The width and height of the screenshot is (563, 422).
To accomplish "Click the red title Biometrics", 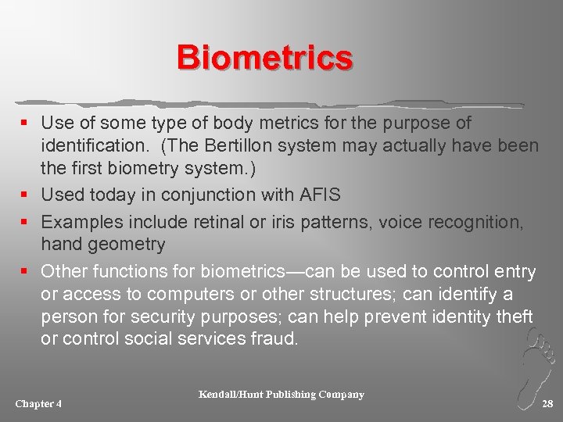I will (x=264, y=58).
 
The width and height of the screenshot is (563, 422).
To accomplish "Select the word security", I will (x=177, y=317).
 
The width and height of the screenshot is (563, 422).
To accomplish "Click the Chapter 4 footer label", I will (x=38, y=403).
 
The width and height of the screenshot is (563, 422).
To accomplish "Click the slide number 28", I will (x=547, y=403).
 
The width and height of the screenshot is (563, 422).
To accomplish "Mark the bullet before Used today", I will (x=27, y=195).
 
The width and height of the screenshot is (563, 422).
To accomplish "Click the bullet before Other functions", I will (x=27, y=272).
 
